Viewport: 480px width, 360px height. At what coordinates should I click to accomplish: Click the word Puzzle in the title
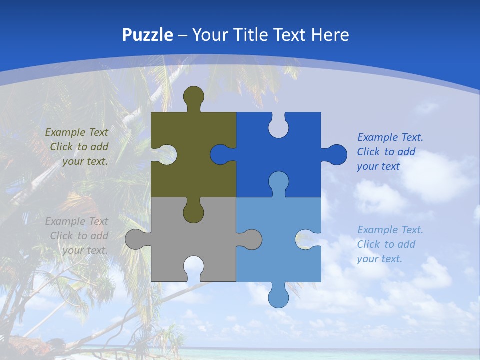tap(148, 35)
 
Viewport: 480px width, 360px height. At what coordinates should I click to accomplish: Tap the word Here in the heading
tap(329, 35)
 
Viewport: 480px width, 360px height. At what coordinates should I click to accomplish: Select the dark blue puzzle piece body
tap(290, 150)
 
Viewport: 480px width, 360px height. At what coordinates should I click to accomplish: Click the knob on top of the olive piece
tap(194, 96)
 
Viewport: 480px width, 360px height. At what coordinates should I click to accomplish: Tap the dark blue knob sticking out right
tap(336, 154)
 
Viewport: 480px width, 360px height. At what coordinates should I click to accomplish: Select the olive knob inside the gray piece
tap(194, 212)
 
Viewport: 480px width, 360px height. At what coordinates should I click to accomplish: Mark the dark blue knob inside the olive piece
tap(220, 155)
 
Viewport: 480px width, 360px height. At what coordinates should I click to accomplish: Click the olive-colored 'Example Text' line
tap(76, 132)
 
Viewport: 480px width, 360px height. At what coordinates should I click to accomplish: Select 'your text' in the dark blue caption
tap(378, 166)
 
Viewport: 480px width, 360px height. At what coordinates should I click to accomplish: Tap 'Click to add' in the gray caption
tap(79, 236)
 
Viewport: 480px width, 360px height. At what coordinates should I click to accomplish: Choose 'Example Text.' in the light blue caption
tap(390, 230)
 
